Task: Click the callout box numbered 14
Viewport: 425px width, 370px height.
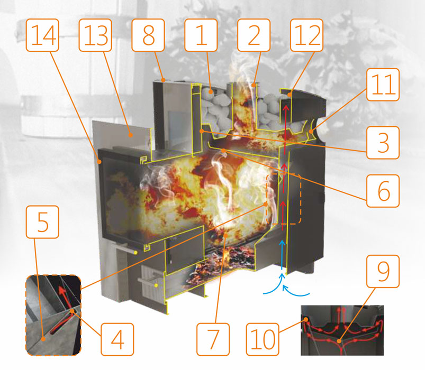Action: pyautogui.click(x=42, y=35)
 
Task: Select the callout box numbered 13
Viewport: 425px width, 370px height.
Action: pyautogui.click(x=95, y=35)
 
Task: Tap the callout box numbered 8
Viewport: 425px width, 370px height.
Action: pyautogui.click(x=148, y=35)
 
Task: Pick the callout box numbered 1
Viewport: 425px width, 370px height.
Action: pyautogui.click(x=201, y=35)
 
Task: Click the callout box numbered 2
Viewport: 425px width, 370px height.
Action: pyautogui.click(x=254, y=35)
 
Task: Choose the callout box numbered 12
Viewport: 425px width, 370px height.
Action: pyautogui.click(x=307, y=35)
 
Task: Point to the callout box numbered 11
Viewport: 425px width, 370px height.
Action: pyautogui.click(x=383, y=85)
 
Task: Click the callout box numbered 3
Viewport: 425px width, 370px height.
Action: pyautogui.click(x=383, y=143)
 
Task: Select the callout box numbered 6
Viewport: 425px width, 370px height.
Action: pyautogui.click(x=383, y=191)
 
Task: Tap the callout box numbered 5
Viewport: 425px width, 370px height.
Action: pyautogui.click(x=42, y=222)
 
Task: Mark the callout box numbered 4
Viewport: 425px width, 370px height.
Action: pyautogui.click(x=117, y=339)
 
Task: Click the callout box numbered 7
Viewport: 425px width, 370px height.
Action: pyautogui.click(x=213, y=339)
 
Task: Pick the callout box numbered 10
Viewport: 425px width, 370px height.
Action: pyautogui.click(x=263, y=339)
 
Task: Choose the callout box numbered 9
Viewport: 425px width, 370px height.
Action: pyautogui.click(x=383, y=272)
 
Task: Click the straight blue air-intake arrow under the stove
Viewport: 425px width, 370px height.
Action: pyautogui.click(x=282, y=255)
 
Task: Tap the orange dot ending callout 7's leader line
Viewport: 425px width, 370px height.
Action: pyautogui.click(x=225, y=236)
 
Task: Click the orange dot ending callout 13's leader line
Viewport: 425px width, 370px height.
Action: pyautogui.click(x=131, y=134)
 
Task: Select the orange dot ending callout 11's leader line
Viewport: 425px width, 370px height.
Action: pyautogui.click(x=311, y=131)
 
